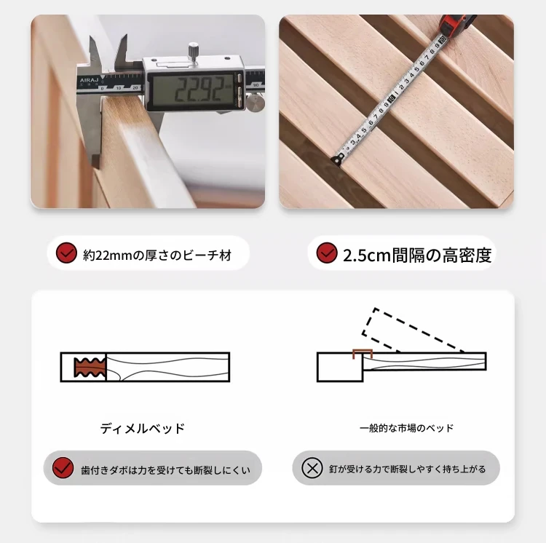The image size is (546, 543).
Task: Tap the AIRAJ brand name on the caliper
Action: (x=89, y=81)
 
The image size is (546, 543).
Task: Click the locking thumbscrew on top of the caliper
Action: (x=193, y=52)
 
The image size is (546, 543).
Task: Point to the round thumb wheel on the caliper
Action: (x=256, y=103)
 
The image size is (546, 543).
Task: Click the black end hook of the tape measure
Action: (x=338, y=159)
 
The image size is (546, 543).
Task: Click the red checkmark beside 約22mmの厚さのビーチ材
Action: (x=66, y=253)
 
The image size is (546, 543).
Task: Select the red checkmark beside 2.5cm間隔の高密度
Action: (x=327, y=253)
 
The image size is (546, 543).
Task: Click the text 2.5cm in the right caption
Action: (x=367, y=255)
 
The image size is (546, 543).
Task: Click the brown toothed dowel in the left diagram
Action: (x=90, y=367)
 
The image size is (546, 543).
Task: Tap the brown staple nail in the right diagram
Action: (x=363, y=354)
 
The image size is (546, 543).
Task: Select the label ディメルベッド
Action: (x=142, y=429)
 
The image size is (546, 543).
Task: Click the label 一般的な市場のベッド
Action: (x=406, y=428)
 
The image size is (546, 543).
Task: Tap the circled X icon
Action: (x=312, y=468)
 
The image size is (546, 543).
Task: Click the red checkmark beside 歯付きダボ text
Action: (x=63, y=468)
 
